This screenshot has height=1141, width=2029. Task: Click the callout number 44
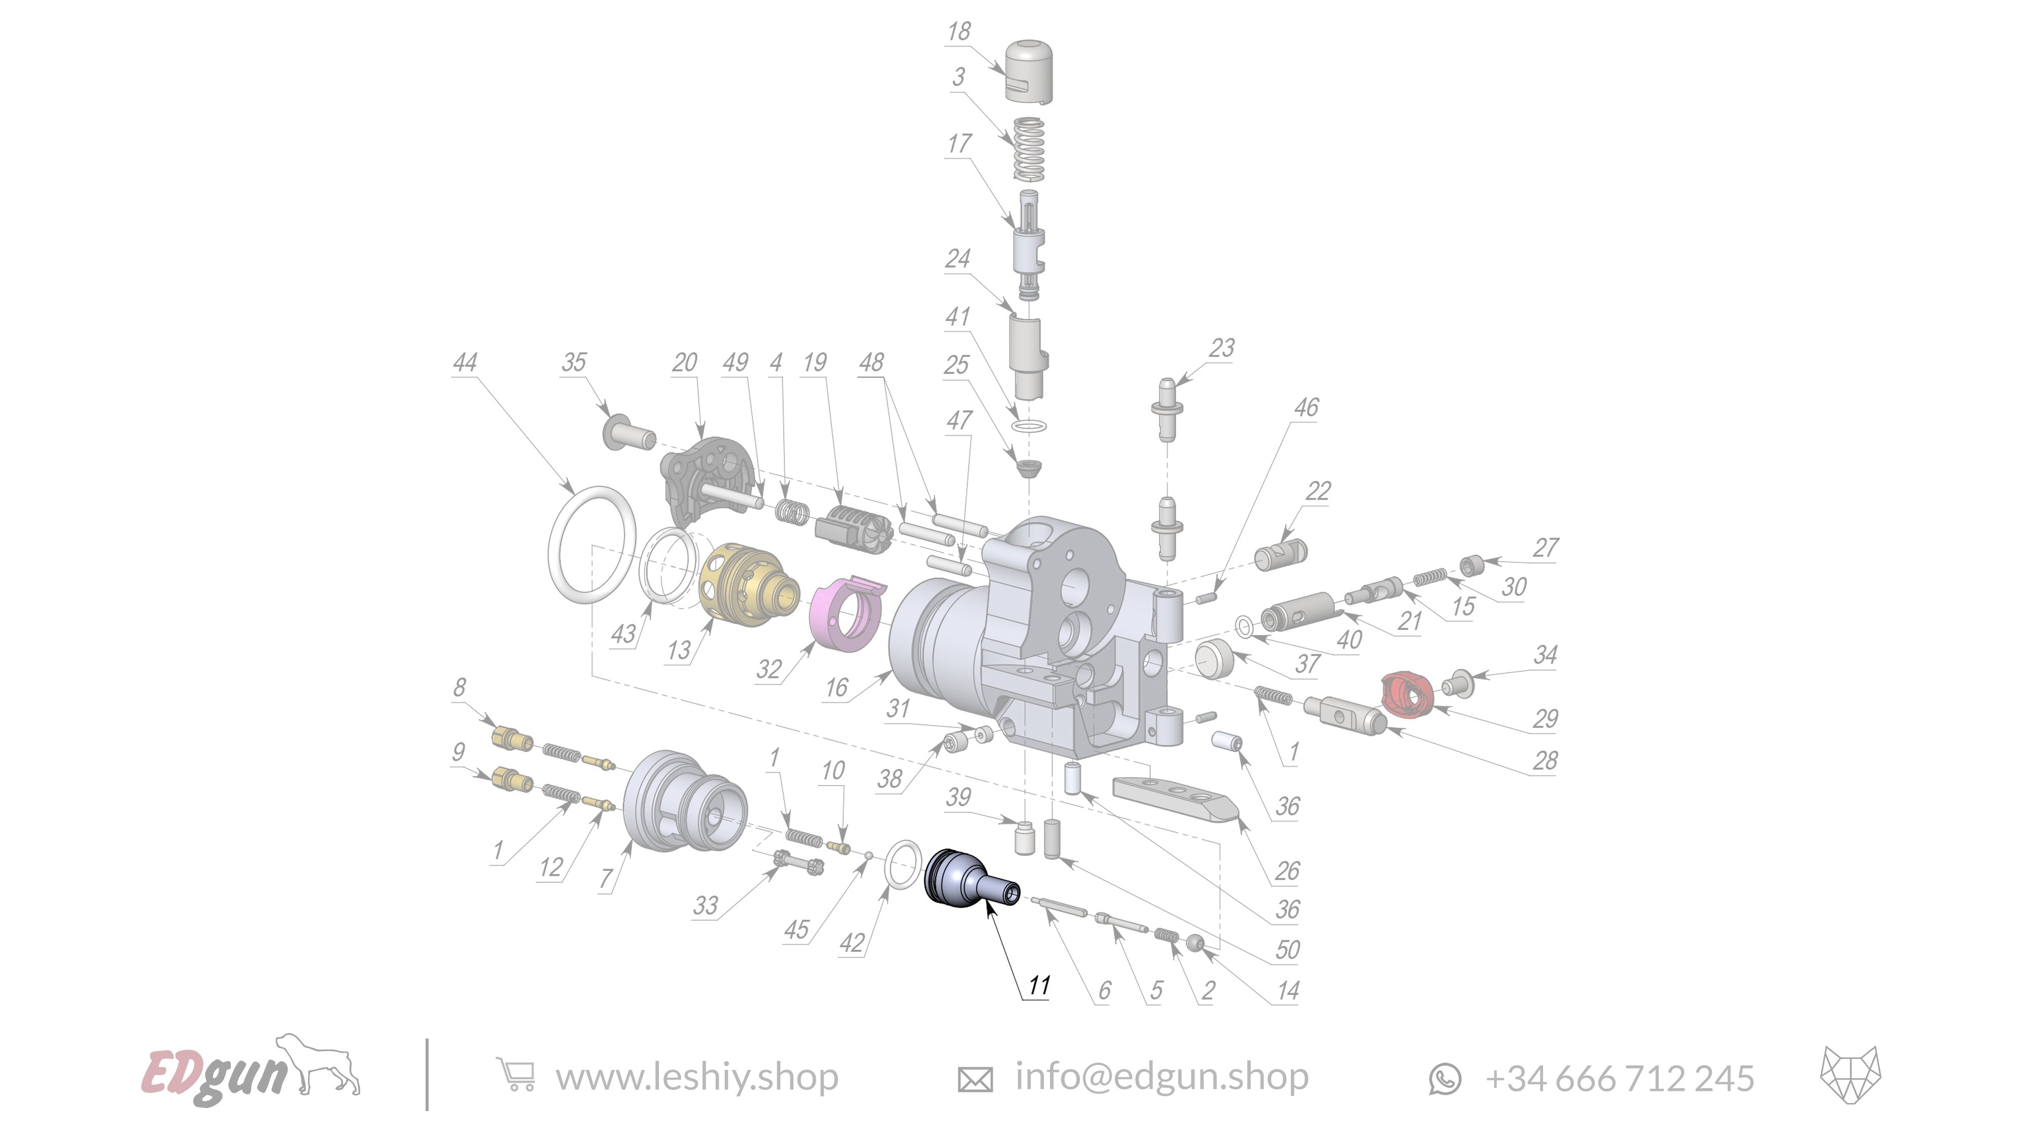click(465, 362)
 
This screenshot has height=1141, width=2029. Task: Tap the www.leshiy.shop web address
click(696, 1077)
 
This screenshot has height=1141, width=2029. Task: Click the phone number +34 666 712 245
click(1619, 1078)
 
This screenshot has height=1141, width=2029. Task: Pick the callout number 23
click(1221, 348)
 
